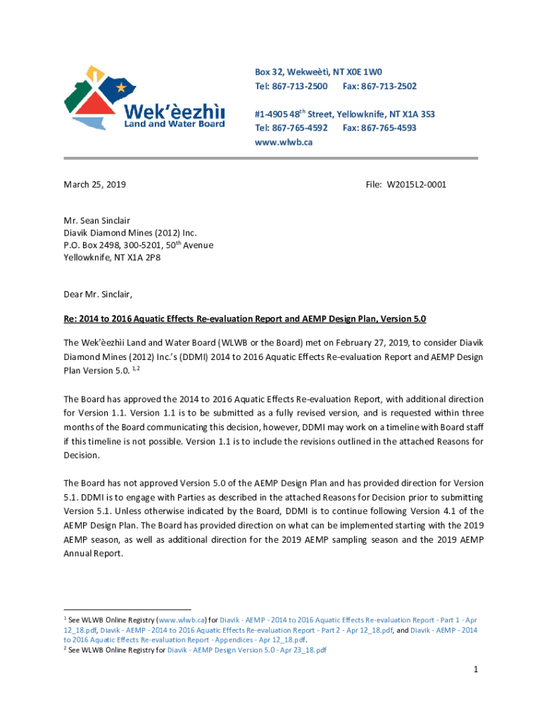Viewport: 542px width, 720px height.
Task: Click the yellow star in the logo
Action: click(122, 87)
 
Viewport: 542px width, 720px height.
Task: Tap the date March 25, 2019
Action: click(94, 185)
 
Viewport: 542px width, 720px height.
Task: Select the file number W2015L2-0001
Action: click(416, 185)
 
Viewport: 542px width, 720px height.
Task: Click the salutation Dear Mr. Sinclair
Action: click(98, 294)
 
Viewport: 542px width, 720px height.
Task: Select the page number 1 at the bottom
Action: click(476, 669)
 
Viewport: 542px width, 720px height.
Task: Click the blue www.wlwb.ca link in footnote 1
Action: click(182, 620)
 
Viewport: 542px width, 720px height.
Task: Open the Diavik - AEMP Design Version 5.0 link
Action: click(247, 650)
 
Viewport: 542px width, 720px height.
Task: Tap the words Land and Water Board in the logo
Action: click(175, 124)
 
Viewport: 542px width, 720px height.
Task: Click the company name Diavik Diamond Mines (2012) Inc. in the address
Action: click(130, 233)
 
